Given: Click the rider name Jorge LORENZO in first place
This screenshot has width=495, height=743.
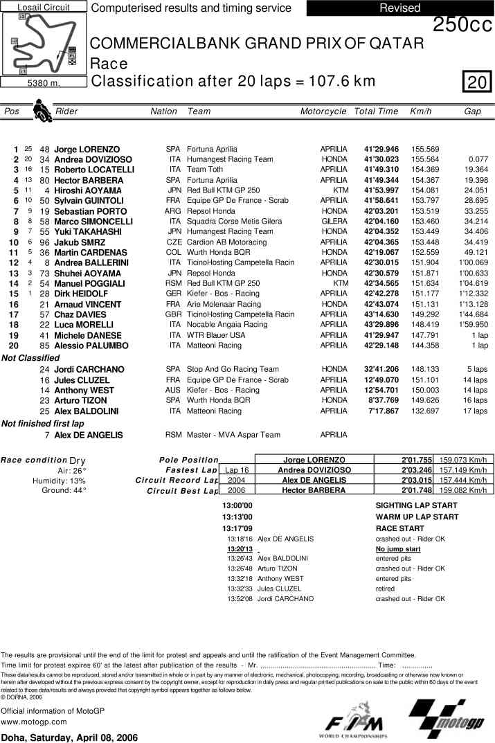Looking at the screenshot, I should pyautogui.click(x=87, y=150).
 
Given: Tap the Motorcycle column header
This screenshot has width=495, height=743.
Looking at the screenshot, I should pyautogui.click(x=323, y=111).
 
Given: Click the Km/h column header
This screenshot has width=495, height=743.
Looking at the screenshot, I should pyautogui.click(x=421, y=111).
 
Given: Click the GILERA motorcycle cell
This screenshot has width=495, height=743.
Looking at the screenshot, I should pyautogui.click(x=334, y=222).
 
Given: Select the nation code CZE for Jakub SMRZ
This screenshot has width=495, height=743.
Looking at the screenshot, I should pyautogui.click(x=174, y=242).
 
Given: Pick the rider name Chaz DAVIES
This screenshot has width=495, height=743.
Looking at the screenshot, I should pyautogui.click(x=82, y=314).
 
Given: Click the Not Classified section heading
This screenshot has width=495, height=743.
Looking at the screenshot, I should pyautogui.click(x=30, y=358).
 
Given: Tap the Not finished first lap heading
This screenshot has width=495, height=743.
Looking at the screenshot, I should pyautogui.click(x=43, y=423).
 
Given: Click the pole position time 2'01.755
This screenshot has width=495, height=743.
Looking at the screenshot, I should pyautogui.click(x=417, y=460).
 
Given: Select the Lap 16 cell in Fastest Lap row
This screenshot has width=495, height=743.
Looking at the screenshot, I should pyautogui.click(x=237, y=470).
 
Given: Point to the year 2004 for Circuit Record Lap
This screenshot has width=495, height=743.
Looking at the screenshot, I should pyautogui.click(x=237, y=480).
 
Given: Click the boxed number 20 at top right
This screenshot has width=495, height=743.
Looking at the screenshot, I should pyautogui.click(x=477, y=83).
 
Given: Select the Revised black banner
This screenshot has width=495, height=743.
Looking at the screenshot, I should pyautogui.click(x=399, y=8).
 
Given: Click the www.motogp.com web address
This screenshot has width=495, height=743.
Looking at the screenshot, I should pyautogui.click(x=34, y=722).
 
